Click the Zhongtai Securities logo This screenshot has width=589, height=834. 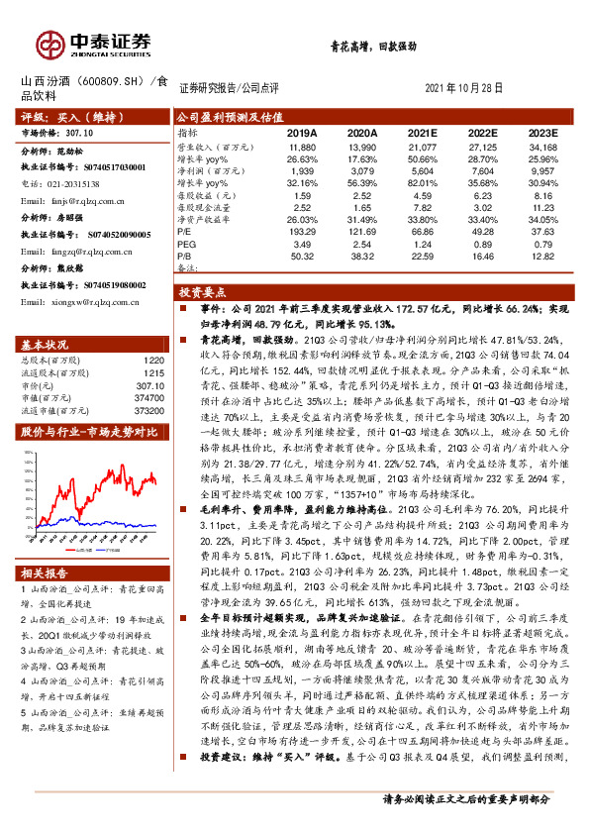coord(95,43)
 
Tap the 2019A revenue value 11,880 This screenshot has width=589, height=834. coord(303,146)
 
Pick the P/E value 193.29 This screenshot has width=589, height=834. coord(302,231)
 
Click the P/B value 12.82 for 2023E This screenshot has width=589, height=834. coord(542,256)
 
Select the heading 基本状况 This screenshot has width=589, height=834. coord(45,344)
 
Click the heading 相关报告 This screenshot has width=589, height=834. coord(45,573)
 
